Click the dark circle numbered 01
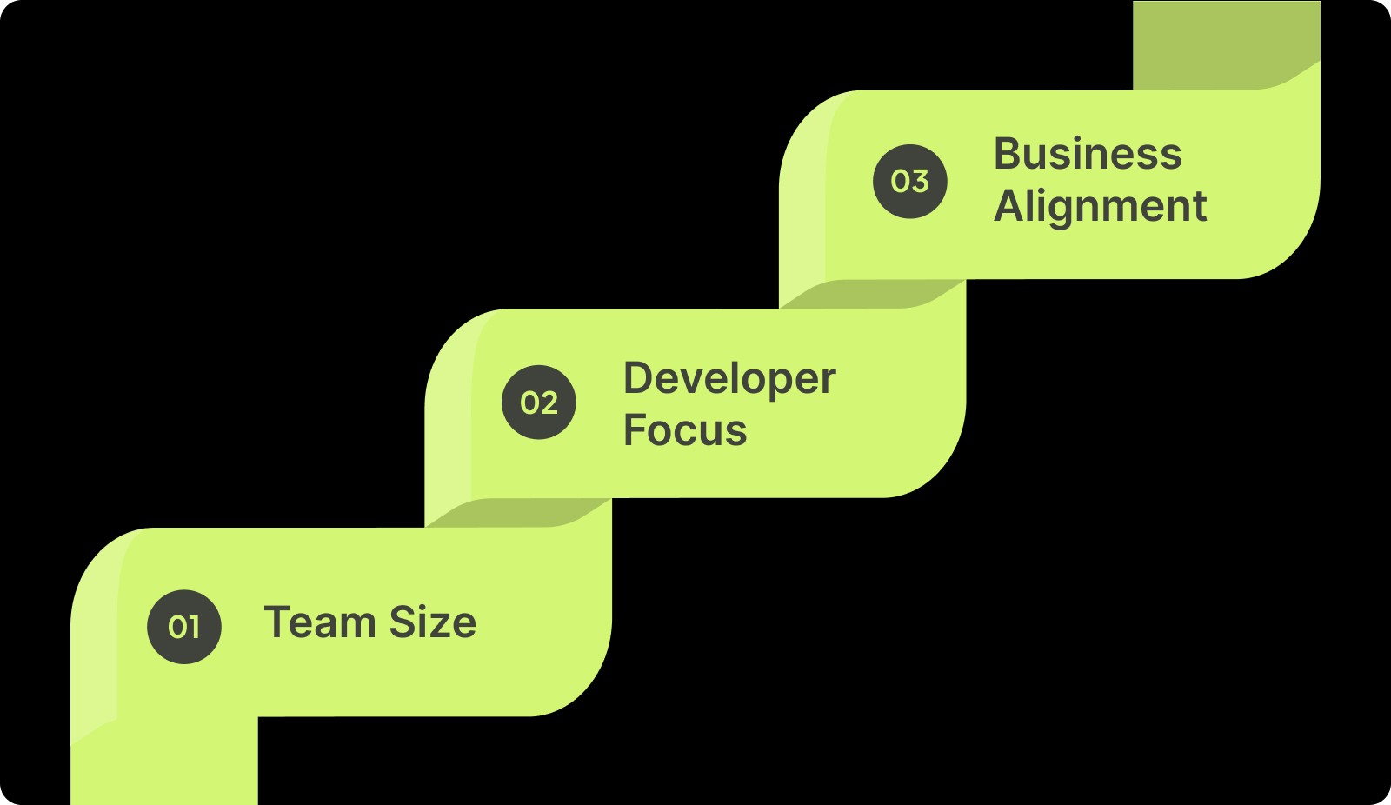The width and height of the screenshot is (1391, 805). pyautogui.click(x=183, y=627)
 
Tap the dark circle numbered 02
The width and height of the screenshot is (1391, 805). pyautogui.click(x=538, y=402)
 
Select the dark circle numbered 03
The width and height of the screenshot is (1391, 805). pyautogui.click(x=909, y=182)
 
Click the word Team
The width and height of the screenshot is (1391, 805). pyautogui.click(x=320, y=622)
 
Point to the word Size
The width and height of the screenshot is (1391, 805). pyautogui.click(x=433, y=622)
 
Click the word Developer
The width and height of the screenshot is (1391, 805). pyautogui.click(x=729, y=380)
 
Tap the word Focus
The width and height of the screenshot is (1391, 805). pyautogui.click(x=685, y=429)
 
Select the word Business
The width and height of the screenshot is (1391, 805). pyautogui.click(x=1088, y=153)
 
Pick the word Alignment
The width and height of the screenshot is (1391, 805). pyautogui.click(x=1101, y=207)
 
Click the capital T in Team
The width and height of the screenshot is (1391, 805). pyautogui.click(x=277, y=622)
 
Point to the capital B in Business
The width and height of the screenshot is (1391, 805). pyautogui.click(x=1008, y=153)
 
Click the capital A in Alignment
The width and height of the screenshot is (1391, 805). pyautogui.click(x=1009, y=205)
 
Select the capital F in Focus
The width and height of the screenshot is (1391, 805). pyautogui.click(x=636, y=429)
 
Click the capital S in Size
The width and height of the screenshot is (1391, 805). pyautogui.click(x=403, y=622)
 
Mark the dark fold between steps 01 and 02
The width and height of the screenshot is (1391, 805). pyautogui.click(x=517, y=513)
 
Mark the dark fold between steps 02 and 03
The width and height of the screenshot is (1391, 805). pyautogui.click(x=872, y=294)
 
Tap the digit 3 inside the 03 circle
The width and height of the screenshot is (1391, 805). pyautogui.click(x=921, y=182)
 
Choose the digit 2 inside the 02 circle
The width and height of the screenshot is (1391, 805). pyautogui.click(x=549, y=403)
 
